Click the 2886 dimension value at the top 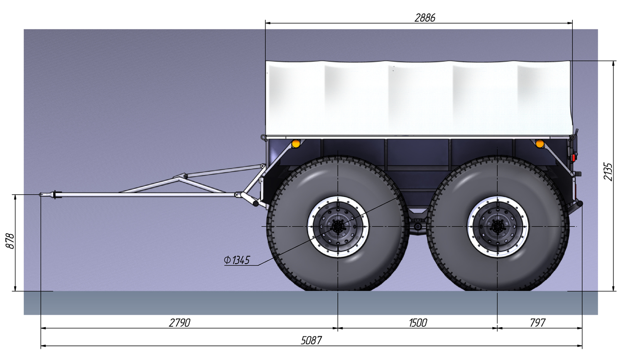(x=425, y=18)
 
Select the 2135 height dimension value (x=608, y=171)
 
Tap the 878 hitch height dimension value (x=10, y=241)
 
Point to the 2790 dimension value (x=179, y=323)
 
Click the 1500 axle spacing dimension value (x=417, y=323)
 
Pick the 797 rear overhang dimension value (x=537, y=323)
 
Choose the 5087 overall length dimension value (x=311, y=340)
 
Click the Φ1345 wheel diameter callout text (x=237, y=260)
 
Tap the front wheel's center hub (x=338, y=227)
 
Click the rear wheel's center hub (x=498, y=227)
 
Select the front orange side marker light (x=296, y=144)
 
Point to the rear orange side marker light (x=540, y=144)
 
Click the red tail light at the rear (x=573, y=158)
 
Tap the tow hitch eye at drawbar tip (x=42, y=194)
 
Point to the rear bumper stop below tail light (x=579, y=204)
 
